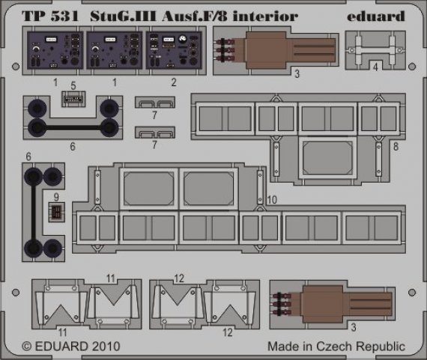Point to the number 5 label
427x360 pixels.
[x=73, y=85]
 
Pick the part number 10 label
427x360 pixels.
[x=271, y=199]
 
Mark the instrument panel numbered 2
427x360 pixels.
[x=174, y=51]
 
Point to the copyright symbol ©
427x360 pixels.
[x=28, y=347]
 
